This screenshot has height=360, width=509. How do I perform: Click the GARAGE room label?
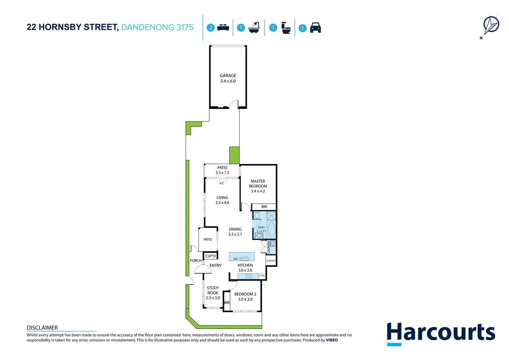pyautogui.click(x=228, y=76)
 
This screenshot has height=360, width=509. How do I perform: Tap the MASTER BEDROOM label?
pyautogui.click(x=258, y=184)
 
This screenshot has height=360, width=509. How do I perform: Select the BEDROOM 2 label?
pyautogui.click(x=245, y=294)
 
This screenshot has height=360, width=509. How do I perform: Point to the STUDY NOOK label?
pyautogui.click(x=213, y=290)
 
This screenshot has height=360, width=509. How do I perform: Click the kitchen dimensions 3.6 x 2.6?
pyautogui.click(x=245, y=270)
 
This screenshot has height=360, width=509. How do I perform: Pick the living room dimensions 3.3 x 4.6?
pyautogui.click(x=222, y=203)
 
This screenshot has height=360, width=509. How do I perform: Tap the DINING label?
pyautogui.click(x=235, y=229)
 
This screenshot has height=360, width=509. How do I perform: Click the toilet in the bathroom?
pyautogui.click(x=257, y=215)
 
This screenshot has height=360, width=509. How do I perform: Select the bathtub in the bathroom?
pyautogui.click(x=271, y=229)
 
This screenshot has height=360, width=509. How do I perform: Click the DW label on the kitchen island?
pyautogui.click(x=236, y=259)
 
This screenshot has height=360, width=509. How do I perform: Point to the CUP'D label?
pyautogui.click(x=211, y=256)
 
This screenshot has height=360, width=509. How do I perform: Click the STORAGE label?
pyautogui.click(x=271, y=261)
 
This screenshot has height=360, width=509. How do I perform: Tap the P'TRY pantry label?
pyautogui.click(x=262, y=276)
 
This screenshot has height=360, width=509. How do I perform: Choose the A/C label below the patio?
pyautogui.click(x=222, y=183)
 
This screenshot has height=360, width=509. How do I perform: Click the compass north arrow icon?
pyautogui.click(x=491, y=25)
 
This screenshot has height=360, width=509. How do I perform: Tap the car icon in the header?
pyautogui.click(x=315, y=28)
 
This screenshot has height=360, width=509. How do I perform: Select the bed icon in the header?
pyautogui.click(x=223, y=28)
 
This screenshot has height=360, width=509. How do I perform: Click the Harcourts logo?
pyautogui.click(x=441, y=333)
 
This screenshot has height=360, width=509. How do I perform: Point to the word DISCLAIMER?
pyautogui.click(x=42, y=328)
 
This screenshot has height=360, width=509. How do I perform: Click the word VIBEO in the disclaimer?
pyautogui.click(x=332, y=340)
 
